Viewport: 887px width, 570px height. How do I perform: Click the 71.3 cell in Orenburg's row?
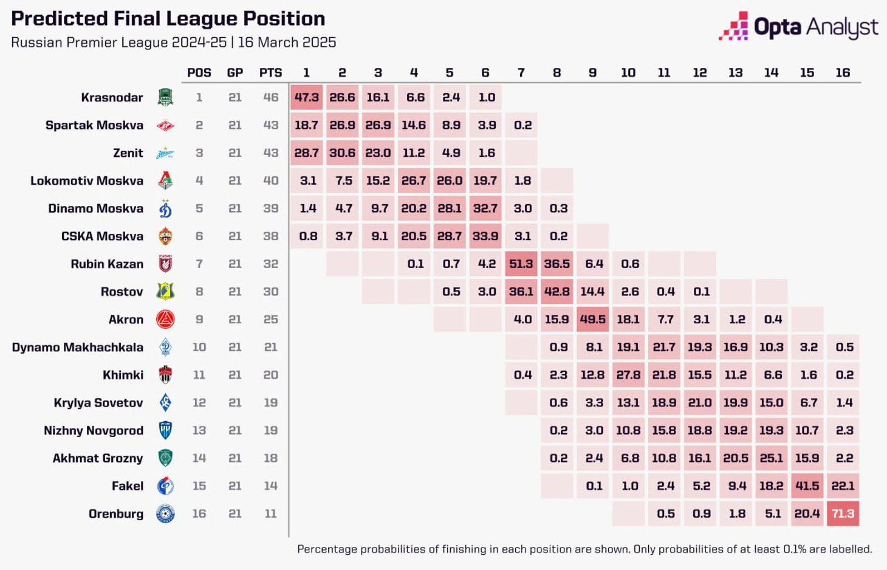(843, 513)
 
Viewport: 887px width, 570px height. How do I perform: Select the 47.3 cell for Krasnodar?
(306, 97)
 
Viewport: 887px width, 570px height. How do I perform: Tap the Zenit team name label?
(128, 153)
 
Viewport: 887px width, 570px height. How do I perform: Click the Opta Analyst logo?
(798, 27)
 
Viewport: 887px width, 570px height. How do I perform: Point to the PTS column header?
(270, 73)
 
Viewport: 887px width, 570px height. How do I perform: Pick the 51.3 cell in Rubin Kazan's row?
(521, 264)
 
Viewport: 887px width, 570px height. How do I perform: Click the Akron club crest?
(165, 319)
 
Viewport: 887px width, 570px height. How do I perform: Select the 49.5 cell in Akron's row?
(592, 319)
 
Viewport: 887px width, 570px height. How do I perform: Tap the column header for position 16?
(843, 73)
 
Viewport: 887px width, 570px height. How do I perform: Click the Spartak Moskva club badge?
(165, 126)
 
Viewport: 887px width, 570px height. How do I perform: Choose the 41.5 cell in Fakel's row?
(807, 486)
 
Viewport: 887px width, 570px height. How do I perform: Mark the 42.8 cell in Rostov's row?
(557, 292)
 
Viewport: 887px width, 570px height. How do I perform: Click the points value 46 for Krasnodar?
(270, 97)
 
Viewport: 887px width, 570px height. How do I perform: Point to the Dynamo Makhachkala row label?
(78, 348)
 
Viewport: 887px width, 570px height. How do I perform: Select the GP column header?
(235, 73)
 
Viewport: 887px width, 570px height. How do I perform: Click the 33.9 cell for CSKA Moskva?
(485, 236)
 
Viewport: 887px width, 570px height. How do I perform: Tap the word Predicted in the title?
(50, 19)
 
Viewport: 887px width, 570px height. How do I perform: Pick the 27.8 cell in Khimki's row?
(628, 375)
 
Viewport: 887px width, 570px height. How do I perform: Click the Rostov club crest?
(165, 292)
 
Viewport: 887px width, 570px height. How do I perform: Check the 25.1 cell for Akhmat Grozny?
(771, 458)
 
